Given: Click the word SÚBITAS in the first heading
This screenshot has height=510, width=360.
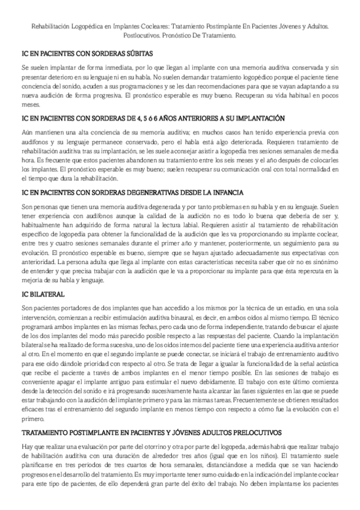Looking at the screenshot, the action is pos(136,52).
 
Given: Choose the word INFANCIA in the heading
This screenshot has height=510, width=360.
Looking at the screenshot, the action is pos(225,192).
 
